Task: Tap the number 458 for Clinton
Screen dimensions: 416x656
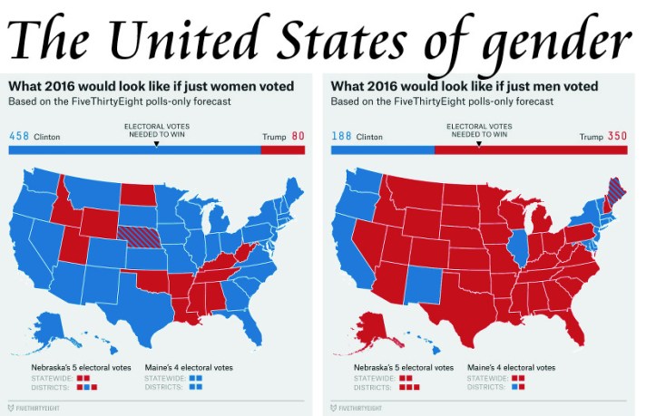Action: tap(19, 136)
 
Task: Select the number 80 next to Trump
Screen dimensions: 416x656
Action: tap(298, 136)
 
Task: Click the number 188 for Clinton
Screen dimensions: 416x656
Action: tap(341, 136)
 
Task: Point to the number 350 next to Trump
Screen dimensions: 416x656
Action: tap(617, 136)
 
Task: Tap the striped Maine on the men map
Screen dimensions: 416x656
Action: tap(614, 194)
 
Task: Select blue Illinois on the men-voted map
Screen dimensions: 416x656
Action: tap(519, 245)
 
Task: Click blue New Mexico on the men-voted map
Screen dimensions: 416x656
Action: tap(419, 288)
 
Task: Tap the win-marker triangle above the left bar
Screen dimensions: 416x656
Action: tap(156, 143)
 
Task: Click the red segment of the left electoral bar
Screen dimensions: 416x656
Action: tap(282, 150)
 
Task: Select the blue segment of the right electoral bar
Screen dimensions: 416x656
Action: tap(382, 150)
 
